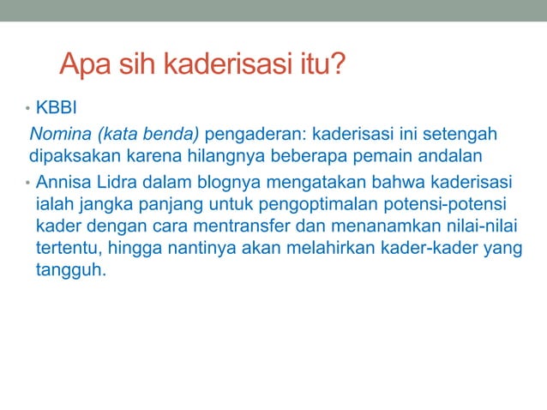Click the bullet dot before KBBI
[27, 111]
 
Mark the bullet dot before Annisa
[27, 184]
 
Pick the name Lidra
[122, 183]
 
